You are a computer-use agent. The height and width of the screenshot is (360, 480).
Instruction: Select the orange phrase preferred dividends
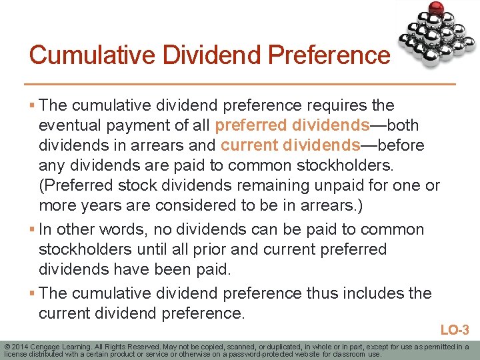(x=293, y=125)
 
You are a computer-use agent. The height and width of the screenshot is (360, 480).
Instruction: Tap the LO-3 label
(x=455, y=329)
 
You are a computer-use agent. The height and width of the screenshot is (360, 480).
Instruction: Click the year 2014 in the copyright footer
(x=20, y=347)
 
